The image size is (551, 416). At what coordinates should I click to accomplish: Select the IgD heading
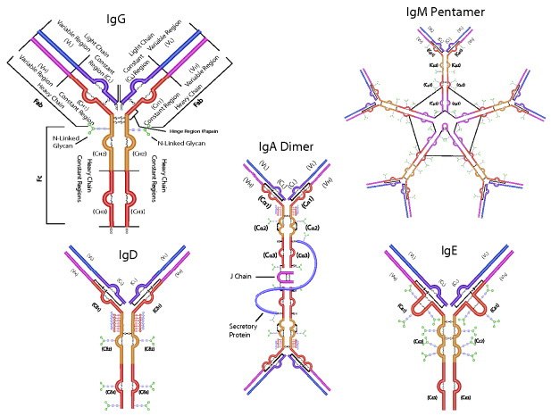tap(128, 255)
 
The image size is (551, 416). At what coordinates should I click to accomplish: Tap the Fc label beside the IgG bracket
tap(39, 178)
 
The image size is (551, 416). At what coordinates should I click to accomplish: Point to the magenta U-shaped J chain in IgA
tap(281, 279)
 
